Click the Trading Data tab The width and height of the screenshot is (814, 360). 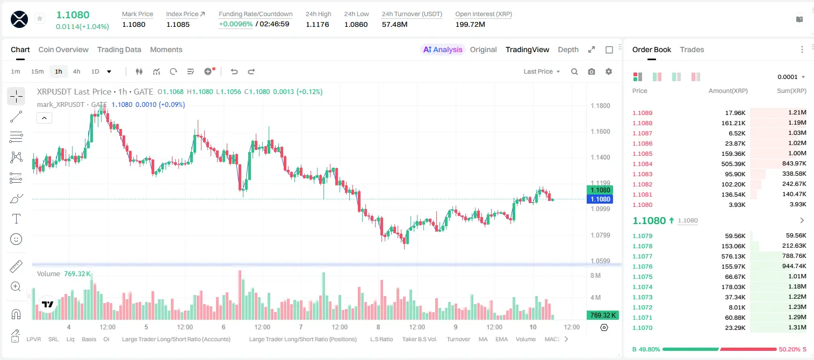pos(119,49)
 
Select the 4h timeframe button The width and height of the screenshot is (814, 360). pos(76,71)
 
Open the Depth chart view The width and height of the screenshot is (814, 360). pos(568,49)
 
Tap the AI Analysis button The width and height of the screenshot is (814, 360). pos(443,49)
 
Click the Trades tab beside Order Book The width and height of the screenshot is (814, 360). pos(692,49)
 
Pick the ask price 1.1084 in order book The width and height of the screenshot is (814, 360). pos(643,164)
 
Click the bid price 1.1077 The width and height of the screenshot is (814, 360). pos(643,256)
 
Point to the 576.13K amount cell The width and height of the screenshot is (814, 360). pos(733,256)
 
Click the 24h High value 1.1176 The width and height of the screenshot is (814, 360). pos(317,24)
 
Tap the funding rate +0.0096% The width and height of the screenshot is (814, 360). pos(235,24)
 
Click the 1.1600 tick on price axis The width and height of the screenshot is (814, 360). pos(600,132)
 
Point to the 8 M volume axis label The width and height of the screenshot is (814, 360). pos(595,275)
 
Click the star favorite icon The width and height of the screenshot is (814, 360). pos(40,18)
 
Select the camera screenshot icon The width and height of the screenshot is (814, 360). pos(592,71)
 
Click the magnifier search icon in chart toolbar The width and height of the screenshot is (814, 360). pos(574,71)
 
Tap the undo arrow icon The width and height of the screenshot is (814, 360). pos(234,71)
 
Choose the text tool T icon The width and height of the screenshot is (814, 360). pos(16,219)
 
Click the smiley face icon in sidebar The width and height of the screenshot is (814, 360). pos(16,239)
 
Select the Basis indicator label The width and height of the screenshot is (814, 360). pos(89,339)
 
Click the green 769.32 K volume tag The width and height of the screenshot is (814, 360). pos(602,315)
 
